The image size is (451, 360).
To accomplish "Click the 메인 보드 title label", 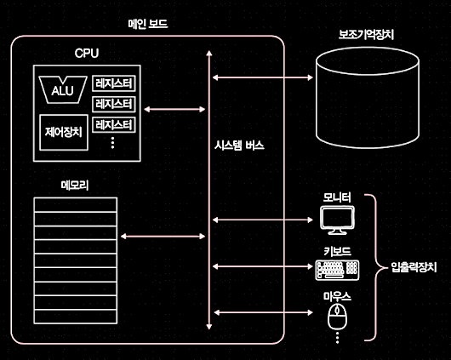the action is (x=148, y=24).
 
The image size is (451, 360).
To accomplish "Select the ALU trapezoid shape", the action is (x=63, y=89).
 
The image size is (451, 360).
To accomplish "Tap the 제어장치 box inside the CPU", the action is (x=64, y=133).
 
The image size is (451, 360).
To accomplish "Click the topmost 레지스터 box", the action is (x=114, y=83).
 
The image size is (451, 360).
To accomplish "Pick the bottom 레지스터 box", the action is (x=114, y=125).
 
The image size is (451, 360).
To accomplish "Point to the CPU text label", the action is (x=87, y=54).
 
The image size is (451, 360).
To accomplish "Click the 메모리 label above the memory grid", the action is (x=75, y=185).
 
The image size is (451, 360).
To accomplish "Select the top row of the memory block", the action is (x=76, y=204).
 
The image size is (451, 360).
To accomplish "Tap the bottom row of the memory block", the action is (x=76, y=317).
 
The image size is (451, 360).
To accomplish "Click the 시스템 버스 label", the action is (x=239, y=146).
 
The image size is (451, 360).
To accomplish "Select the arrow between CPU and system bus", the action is (x=174, y=109).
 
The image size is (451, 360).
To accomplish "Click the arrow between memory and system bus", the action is (x=163, y=237).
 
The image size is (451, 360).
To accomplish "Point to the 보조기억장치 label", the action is (x=366, y=35).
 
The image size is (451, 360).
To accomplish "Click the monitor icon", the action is (x=337, y=220).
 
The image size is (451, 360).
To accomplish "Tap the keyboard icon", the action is (x=337, y=270).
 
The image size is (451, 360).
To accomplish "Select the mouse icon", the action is (x=337, y=317).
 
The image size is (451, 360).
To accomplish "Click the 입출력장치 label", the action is (x=414, y=267).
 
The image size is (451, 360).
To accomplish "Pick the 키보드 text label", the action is (x=337, y=252).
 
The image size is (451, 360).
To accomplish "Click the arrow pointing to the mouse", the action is (x=263, y=312).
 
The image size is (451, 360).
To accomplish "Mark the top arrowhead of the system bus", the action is (x=209, y=53).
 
